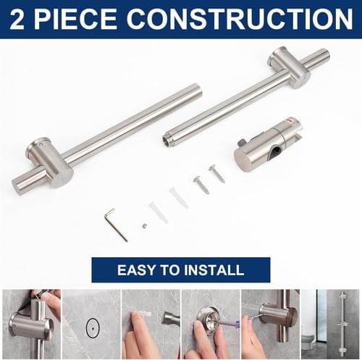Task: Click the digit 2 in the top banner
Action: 17,19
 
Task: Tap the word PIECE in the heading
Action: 75,19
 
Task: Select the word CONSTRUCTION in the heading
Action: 240,19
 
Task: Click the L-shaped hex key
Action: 116,225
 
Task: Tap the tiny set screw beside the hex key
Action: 144,226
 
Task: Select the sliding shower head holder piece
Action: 268,145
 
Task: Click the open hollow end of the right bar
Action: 167,139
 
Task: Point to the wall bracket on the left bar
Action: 49,162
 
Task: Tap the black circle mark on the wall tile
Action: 93,328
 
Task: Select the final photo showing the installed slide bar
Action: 330,325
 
